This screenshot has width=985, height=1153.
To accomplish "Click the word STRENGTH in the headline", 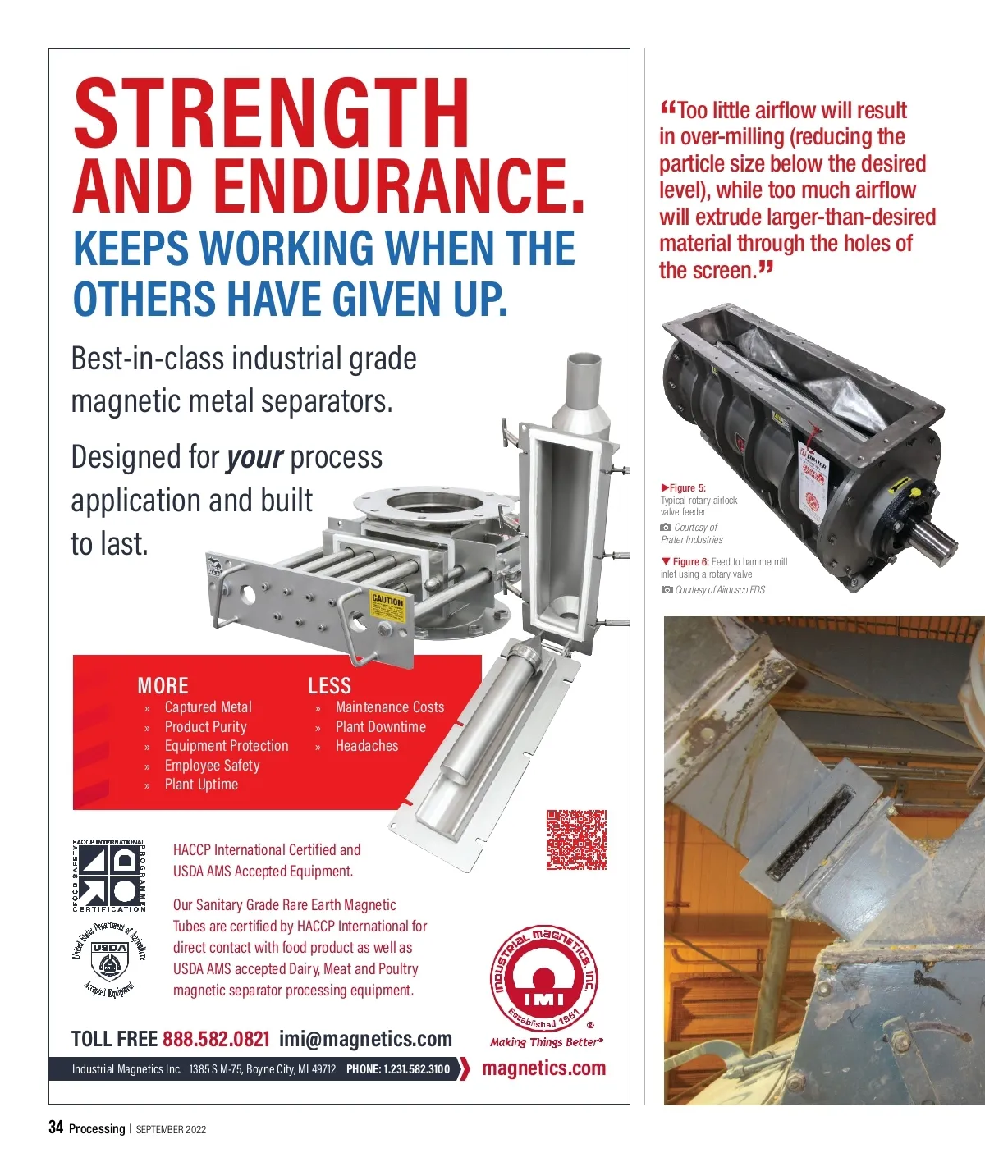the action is [271, 113].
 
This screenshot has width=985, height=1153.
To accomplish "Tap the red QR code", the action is [576, 840].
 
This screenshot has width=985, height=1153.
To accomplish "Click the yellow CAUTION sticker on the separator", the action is [388, 607].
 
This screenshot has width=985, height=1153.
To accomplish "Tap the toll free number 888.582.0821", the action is [216, 1039].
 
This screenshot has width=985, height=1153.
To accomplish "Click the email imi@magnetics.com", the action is [365, 1039].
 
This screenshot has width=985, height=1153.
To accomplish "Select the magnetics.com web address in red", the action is [544, 1068].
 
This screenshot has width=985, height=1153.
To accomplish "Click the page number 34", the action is [56, 1127].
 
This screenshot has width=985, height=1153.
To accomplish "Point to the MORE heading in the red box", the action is [163, 685].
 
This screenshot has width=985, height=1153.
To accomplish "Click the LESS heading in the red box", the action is [330, 685].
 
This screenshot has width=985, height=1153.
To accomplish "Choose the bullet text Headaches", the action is [367, 746].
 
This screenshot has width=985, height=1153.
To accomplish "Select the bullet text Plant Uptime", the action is [201, 785].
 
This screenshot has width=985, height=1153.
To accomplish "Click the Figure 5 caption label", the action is [683, 488].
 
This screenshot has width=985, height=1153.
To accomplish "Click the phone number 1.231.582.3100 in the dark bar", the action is [398, 1069].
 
